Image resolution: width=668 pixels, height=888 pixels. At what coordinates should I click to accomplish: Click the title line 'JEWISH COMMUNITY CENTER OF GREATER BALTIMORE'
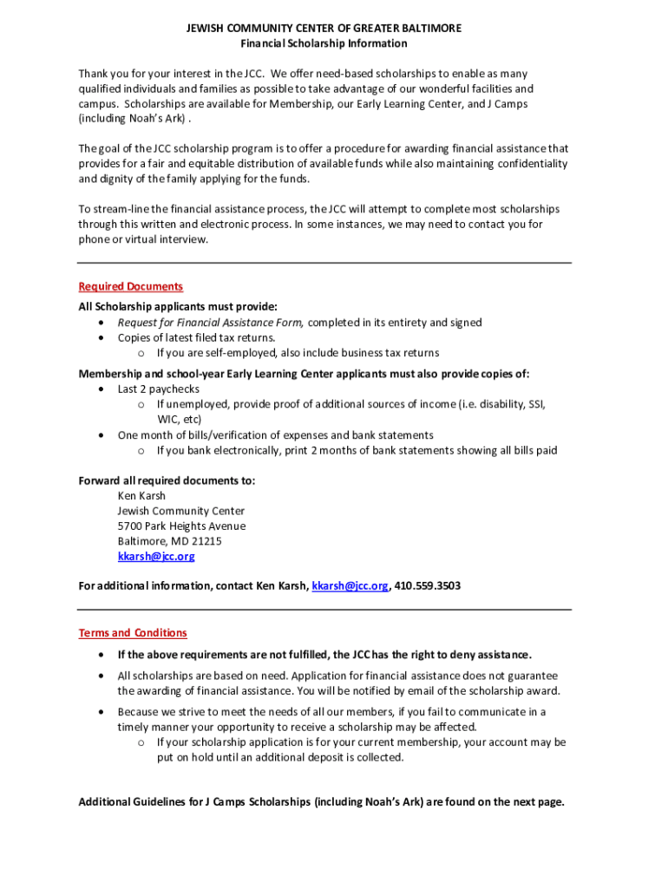pos(324,29)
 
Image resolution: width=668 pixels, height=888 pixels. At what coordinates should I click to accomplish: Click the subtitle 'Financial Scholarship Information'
pos(324,43)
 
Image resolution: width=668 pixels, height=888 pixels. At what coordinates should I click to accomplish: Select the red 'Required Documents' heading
pos(131,286)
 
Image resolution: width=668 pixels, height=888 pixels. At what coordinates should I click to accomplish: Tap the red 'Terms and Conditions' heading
pos(133,633)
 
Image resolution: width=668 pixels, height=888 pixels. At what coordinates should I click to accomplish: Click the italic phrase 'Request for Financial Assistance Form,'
pos(211,323)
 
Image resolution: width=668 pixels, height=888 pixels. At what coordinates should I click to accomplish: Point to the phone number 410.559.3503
pos(428,586)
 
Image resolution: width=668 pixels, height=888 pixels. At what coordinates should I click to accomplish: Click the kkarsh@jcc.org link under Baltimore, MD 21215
pos(156,556)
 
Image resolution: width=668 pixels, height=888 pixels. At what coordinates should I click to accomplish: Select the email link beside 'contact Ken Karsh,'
pos(350,586)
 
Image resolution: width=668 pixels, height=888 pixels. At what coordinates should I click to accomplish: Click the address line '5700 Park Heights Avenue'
pos(181,526)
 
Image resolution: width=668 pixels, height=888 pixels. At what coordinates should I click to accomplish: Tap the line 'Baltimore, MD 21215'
pos(169,541)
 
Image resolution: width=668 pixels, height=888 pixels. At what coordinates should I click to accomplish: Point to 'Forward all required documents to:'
pos(167,480)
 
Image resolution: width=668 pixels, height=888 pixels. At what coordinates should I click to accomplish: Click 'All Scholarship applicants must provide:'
pos(178,306)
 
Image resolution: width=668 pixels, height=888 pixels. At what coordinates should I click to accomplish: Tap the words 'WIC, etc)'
pos(180,420)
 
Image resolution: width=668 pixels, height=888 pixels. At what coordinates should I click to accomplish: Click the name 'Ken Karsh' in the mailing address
pos(141,496)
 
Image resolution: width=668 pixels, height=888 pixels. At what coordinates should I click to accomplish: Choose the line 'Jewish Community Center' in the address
pos(181,511)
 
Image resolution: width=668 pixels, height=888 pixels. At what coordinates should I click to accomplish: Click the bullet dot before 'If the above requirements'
pos(102,655)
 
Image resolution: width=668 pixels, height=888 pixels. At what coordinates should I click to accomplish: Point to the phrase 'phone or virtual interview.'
pos(144,239)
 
